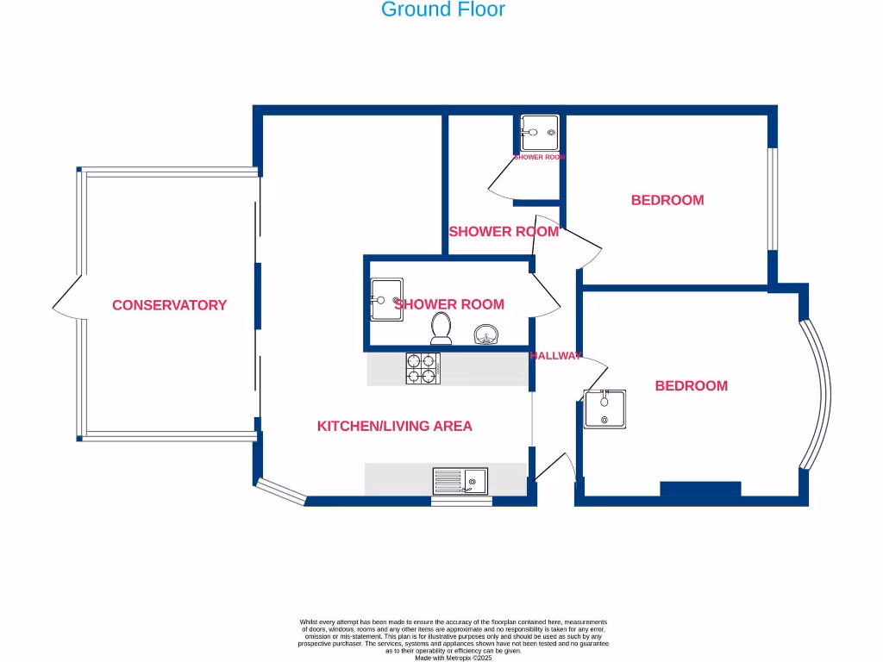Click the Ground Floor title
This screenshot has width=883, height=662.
[x=442, y=10]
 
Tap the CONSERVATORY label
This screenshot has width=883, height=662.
[x=169, y=305]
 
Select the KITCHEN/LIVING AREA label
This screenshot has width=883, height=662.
[x=394, y=426]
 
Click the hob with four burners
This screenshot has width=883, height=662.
[x=423, y=369]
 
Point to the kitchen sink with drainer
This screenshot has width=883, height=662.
[x=460, y=480]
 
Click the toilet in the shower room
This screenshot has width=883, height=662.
[x=441, y=327]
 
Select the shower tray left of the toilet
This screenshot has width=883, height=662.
[x=386, y=299]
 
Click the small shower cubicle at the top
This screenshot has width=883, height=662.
[x=540, y=133]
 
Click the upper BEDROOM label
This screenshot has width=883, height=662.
[x=667, y=200]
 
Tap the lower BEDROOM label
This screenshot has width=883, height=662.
[x=691, y=386]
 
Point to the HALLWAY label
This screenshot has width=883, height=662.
[x=555, y=356]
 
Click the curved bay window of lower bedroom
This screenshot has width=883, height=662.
[x=818, y=394]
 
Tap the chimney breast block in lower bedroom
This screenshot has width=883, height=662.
[x=700, y=489]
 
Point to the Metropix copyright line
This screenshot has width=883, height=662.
[x=453, y=658]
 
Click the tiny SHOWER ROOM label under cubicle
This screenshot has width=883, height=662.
[x=540, y=157]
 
